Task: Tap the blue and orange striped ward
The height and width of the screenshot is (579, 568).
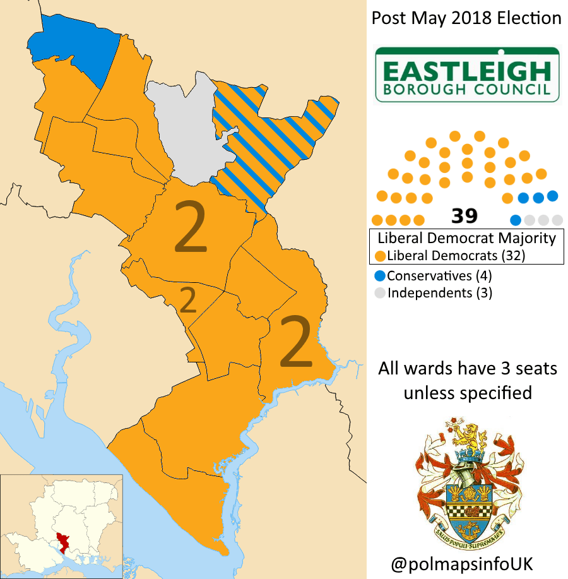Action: pyautogui.click(x=265, y=145)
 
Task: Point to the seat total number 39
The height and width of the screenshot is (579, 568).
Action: pyautogui.click(x=464, y=217)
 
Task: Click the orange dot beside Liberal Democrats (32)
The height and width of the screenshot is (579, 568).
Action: pyautogui.click(x=380, y=256)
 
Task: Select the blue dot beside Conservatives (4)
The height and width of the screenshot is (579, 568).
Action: pyautogui.click(x=380, y=276)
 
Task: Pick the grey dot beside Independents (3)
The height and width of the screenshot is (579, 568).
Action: pyautogui.click(x=380, y=293)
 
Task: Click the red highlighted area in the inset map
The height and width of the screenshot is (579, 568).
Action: pyautogui.click(x=63, y=541)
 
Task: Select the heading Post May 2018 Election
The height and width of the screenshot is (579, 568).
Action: pyautogui.click(x=466, y=18)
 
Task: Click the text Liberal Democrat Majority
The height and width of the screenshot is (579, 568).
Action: pyautogui.click(x=466, y=238)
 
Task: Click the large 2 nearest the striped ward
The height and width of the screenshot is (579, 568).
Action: pyautogui.click(x=191, y=227)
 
